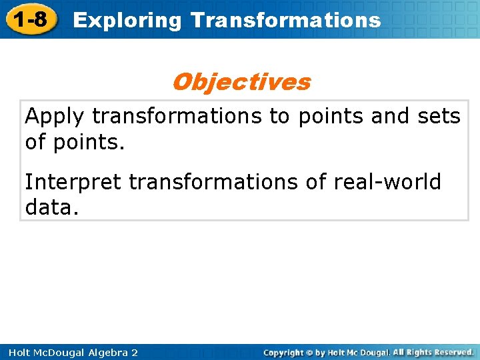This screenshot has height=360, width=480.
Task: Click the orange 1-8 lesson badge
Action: [x=29, y=19]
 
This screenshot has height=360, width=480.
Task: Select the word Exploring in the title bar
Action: [x=127, y=20]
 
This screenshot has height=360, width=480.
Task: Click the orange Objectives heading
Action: [x=241, y=82]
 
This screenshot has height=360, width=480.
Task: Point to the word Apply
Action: [x=55, y=117]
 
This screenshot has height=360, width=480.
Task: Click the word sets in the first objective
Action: [x=437, y=117]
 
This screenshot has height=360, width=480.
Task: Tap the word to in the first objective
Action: [x=280, y=117]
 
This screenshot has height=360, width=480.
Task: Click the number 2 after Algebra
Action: [x=134, y=352]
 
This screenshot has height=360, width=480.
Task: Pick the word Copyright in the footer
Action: [x=283, y=352]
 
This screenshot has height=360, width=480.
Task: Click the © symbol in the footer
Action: [x=309, y=352]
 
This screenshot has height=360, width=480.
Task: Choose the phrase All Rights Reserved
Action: [x=433, y=352]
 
